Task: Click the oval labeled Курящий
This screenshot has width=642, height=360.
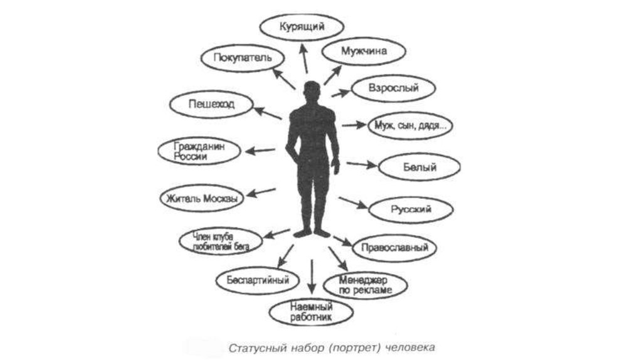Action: [x=302, y=28]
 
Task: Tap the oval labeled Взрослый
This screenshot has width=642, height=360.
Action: [x=394, y=88]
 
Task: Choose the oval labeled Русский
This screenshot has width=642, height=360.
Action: [x=411, y=209]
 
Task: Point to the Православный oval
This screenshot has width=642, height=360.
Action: [x=394, y=248]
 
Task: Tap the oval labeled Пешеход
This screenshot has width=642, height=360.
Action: [x=211, y=104]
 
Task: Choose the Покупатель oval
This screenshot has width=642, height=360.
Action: [x=242, y=58]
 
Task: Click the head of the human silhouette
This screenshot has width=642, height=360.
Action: [x=312, y=92]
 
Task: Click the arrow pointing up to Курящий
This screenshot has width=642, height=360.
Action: [x=303, y=59]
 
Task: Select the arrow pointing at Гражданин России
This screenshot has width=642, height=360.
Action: [x=260, y=151]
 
